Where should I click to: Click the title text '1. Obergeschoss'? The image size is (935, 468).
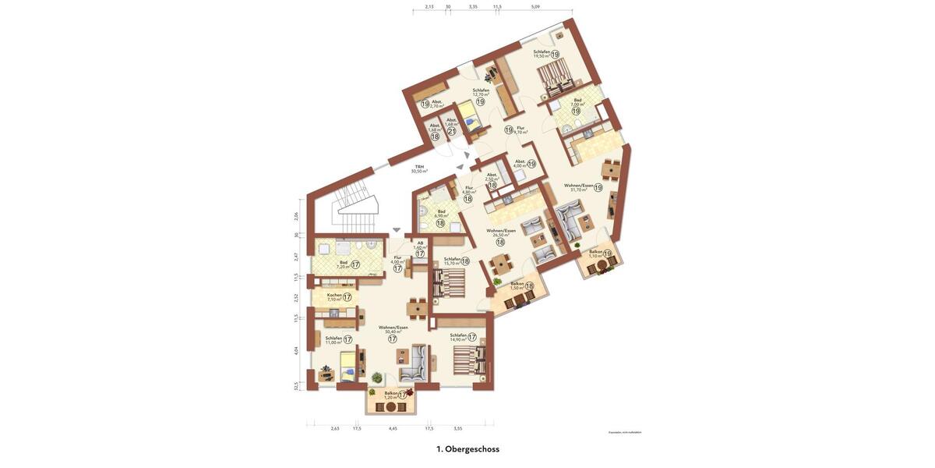pyautogui.click(x=467, y=449)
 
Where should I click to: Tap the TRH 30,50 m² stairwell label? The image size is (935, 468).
pyautogui.click(x=419, y=168)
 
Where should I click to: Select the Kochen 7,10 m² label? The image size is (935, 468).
pyautogui.click(x=334, y=296)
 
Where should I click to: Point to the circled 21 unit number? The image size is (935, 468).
pyautogui.click(x=452, y=131)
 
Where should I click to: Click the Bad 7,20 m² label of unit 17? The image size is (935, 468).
pyautogui.click(x=344, y=264)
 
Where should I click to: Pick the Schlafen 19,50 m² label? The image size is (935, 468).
pyautogui.click(x=542, y=54)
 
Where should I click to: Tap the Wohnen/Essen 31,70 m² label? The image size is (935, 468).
pyautogui.click(x=579, y=187)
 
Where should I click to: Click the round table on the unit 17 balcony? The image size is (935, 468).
pyautogui.click(x=391, y=406)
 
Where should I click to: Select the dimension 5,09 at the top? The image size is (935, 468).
pyautogui.click(x=535, y=6)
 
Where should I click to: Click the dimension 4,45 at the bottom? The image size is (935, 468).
pyautogui.click(x=393, y=428)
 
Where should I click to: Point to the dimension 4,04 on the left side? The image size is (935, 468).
pyautogui.click(x=296, y=350)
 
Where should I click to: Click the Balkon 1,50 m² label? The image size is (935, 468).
pyautogui.click(x=517, y=285)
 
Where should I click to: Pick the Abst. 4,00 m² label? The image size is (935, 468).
pyautogui.click(x=520, y=164)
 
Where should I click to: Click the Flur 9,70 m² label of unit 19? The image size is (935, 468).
pyautogui.click(x=520, y=129)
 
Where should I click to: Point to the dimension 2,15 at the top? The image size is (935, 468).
pyautogui.click(x=429, y=6)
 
